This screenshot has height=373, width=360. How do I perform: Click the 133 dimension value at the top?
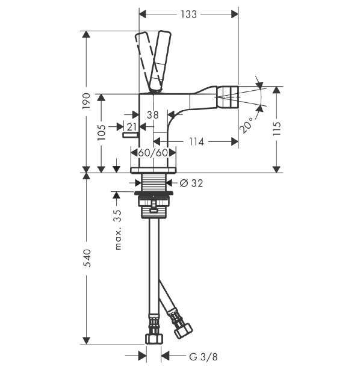click(x=188, y=14)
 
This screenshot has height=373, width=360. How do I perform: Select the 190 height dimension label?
click(x=87, y=101)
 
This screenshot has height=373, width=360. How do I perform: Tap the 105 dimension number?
click(x=102, y=132)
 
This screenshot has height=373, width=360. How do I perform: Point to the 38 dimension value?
click(x=153, y=115)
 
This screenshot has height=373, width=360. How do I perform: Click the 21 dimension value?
click(x=131, y=127)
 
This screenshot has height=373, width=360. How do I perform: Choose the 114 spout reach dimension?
click(x=196, y=142)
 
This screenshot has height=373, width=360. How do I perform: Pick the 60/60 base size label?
click(x=153, y=153)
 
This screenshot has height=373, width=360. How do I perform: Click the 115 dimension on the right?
click(x=277, y=129)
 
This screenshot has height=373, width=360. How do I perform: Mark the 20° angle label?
click(x=247, y=125)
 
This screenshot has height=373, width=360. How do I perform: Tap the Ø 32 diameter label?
click(x=191, y=183)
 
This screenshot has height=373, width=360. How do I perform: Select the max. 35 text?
click(x=118, y=230)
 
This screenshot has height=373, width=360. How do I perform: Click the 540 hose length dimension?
click(x=87, y=258)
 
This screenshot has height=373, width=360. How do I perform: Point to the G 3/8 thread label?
click(x=203, y=357)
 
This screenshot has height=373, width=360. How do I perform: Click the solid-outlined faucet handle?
click(x=160, y=61)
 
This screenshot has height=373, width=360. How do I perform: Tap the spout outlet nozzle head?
click(x=228, y=97)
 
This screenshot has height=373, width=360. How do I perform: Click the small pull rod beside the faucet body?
click(x=130, y=135)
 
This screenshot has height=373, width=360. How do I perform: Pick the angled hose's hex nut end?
click(x=183, y=330)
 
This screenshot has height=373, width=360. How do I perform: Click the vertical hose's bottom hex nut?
click(x=154, y=339)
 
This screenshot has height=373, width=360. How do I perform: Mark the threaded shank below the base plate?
click(x=154, y=182)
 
